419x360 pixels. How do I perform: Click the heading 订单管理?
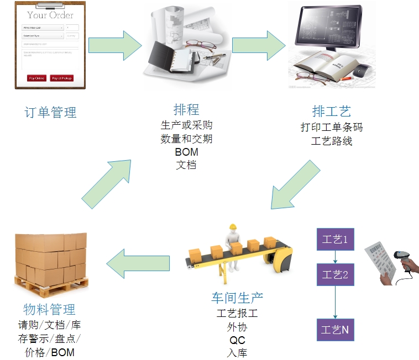(51, 113)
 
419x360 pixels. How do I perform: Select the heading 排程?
(186, 109)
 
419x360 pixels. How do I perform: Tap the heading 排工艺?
(331, 111)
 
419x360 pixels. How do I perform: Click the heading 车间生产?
(237, 298)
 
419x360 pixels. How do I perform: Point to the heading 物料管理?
(50, 309)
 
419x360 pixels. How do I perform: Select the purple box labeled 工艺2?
(335, 274)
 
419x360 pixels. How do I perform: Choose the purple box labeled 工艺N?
(335, 330)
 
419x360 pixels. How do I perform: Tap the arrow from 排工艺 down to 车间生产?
(296, 186)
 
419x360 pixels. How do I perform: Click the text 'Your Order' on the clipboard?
(50, 15)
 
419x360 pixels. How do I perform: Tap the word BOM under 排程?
(186, 152)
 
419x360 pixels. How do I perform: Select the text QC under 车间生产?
(237, 340)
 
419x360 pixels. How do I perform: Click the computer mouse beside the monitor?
(362, 70)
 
